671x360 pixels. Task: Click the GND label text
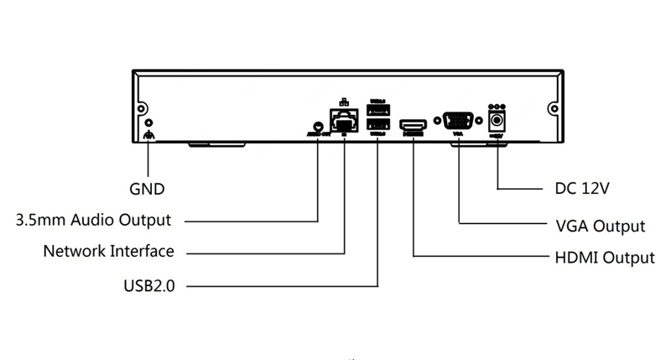(147, 189)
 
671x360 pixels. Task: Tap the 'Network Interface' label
(108, 251)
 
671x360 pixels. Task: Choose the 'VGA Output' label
(601, 226)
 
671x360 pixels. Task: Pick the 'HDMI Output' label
(605, 257)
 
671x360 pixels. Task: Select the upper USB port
(377, 111)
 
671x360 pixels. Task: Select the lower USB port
(377, 126)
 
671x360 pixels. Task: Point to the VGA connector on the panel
(458, 120)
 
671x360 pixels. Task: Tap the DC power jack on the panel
(498, 122)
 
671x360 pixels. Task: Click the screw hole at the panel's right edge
(554, 109)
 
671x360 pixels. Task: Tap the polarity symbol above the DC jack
(498, 107)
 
